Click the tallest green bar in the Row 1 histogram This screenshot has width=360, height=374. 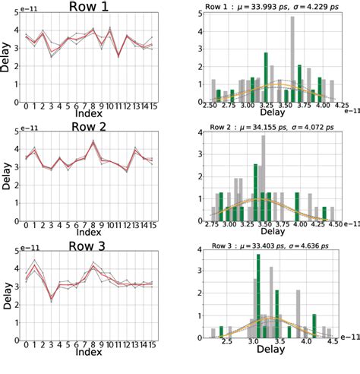(266, 77)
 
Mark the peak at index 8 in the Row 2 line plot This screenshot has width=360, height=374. (93, 141)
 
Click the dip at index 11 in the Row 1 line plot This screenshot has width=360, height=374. (118, 55)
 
